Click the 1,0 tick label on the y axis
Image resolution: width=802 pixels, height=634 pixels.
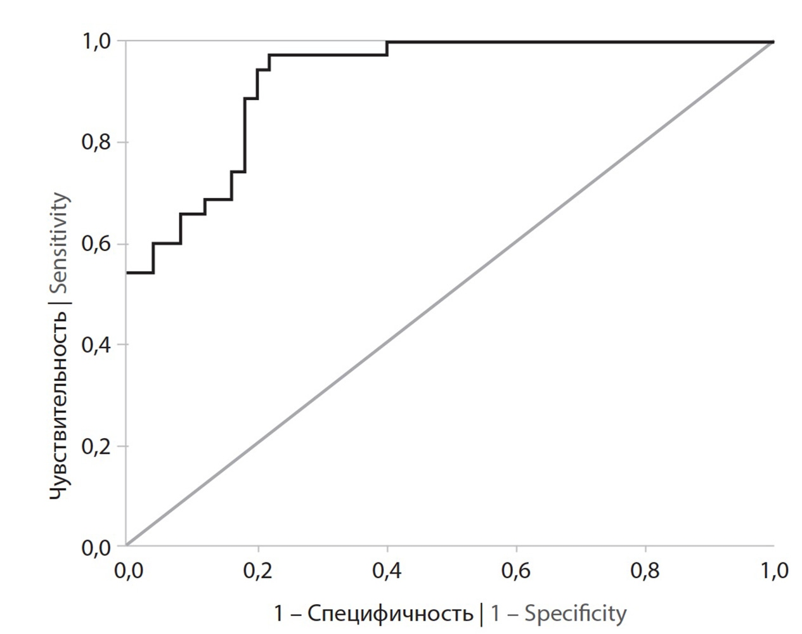coord(96,41)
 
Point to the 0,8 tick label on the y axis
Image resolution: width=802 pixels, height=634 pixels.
coord(96,142)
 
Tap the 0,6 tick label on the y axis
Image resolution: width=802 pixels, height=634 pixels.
coord(96,243)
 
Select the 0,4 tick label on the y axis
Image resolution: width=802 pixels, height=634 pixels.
coord(96,344)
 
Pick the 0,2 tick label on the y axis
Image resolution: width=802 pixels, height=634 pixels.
coord(96,446)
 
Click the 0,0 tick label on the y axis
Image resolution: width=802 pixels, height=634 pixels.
coord(96,547)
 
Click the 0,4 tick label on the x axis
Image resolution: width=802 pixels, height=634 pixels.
coord(387,571)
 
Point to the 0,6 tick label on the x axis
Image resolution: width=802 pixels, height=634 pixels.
coord(516,571)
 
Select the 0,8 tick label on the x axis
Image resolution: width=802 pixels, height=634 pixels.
coord(645,571)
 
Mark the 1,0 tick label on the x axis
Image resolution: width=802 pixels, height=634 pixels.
coord(774,571)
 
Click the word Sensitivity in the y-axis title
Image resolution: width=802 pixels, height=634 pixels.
coord(60,242)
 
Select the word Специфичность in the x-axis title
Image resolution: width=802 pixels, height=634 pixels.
coord(391,614)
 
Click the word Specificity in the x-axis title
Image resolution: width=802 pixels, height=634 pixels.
coord(576,614)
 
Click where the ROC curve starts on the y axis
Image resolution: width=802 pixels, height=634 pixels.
coord(127,273)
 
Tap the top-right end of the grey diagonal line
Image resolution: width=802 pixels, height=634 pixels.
coord(773,42)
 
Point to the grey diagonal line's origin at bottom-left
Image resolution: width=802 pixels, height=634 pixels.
coord(127,545)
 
